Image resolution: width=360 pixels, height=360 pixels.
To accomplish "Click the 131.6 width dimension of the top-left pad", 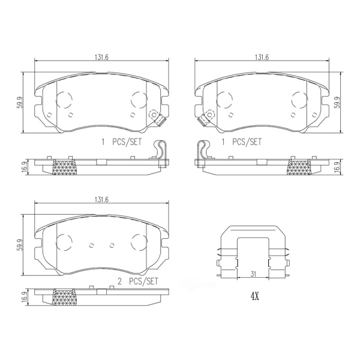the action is tap(101, 57).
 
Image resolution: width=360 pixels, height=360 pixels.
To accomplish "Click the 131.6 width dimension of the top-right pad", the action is tap(262, 57).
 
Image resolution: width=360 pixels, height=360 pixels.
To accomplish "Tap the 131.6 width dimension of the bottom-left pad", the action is tap(101, 200).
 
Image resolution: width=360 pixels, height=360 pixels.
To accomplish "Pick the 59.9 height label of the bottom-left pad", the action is tap(20, 245).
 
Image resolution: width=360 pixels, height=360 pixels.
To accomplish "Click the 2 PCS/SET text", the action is tap(138, 281).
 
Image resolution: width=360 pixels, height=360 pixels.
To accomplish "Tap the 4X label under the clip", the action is tap(254, 297).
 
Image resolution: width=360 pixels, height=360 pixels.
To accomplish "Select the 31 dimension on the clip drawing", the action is tap(253, 274).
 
